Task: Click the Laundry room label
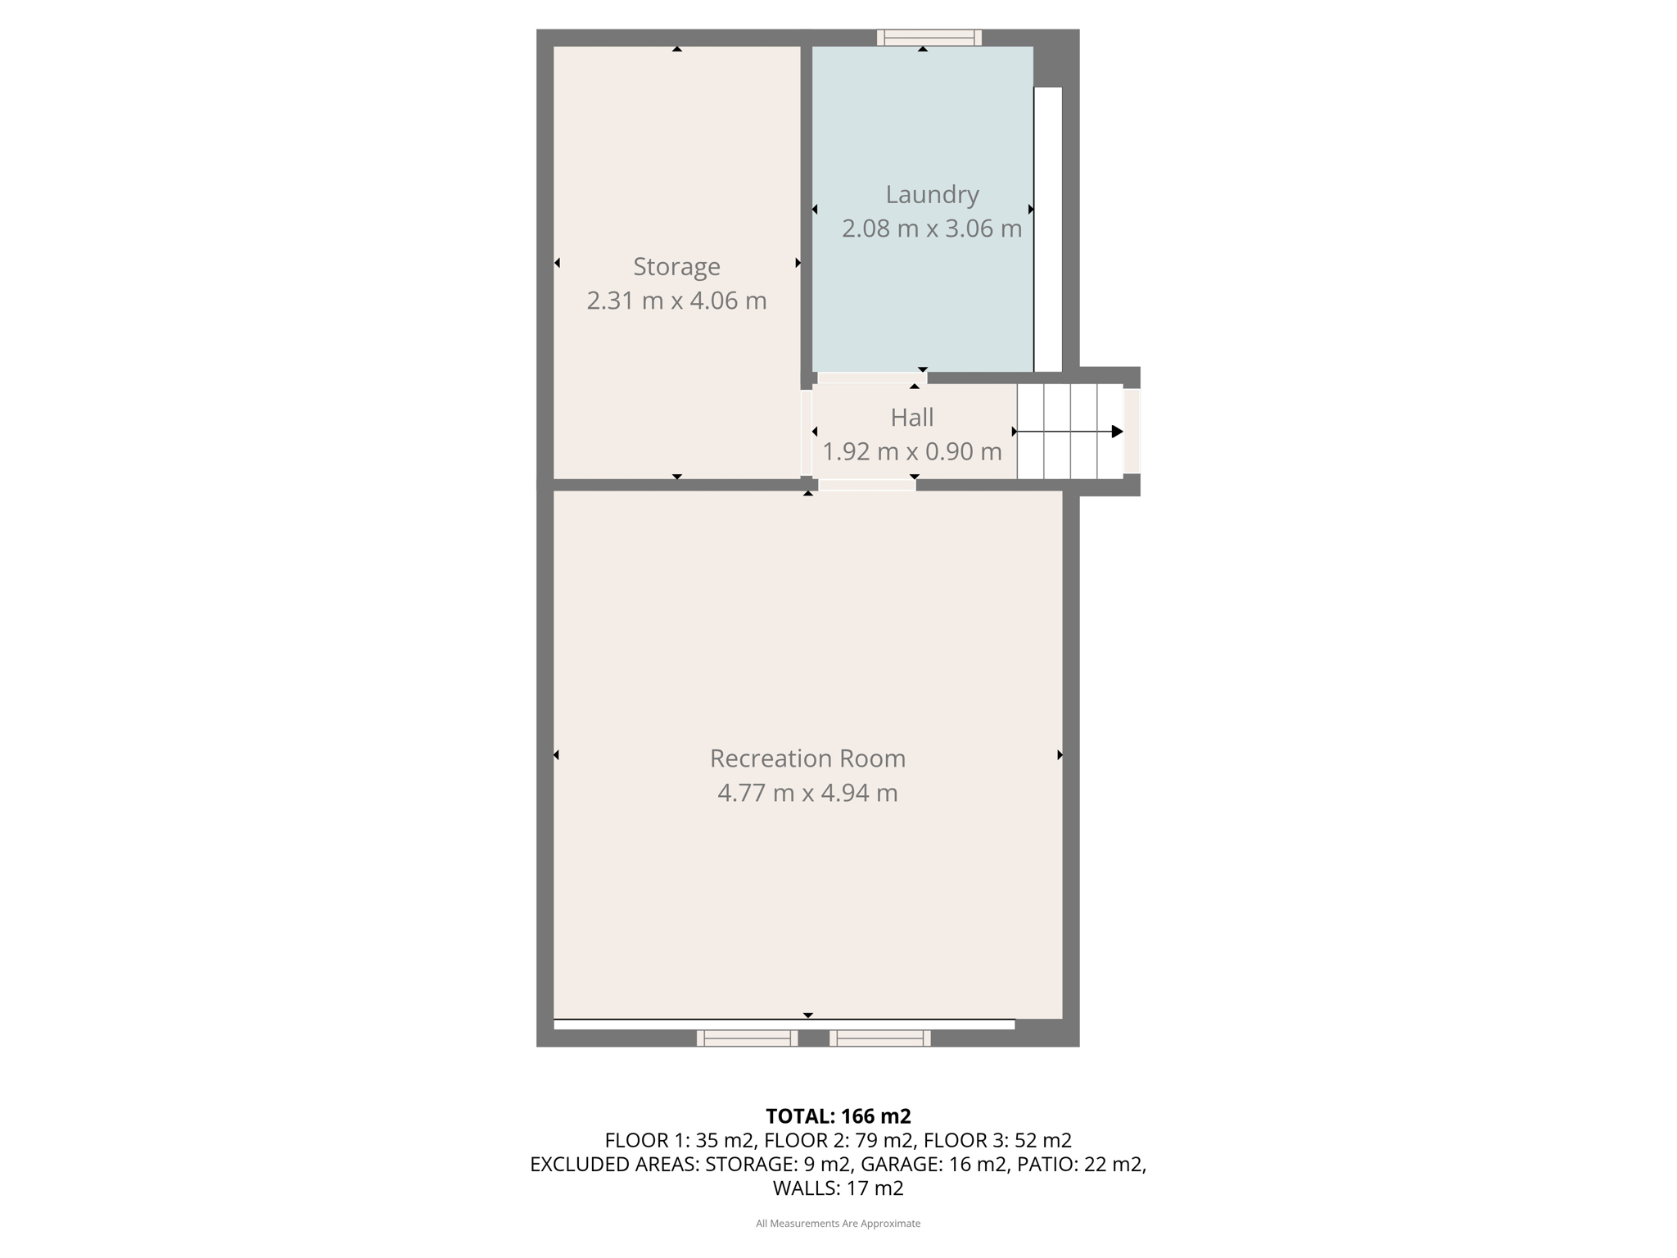coord(932,194)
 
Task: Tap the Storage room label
coord(676,266)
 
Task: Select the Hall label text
coord(911,418)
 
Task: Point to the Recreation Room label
coord(807,758)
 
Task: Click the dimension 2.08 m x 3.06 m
coord(932,229)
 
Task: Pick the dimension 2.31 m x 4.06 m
coord(676,301)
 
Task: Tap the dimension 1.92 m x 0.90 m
coord(911,451)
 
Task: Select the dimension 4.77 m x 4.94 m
coord(807,793)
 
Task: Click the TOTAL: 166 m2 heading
coord(838,1115)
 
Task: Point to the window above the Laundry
coord(929,37)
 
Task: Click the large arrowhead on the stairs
coord(1117,432)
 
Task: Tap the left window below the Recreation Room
coord(747,1038)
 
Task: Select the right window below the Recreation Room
coord(880,1038)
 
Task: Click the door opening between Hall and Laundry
coord(872,378)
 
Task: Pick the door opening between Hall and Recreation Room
coord(867,485)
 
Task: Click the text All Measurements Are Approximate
coord(838,1224)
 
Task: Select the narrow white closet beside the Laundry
coord(1047,229)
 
